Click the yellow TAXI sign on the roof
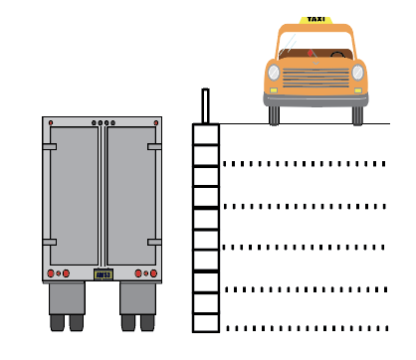coord(315,20)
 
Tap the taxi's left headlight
coord(274,73)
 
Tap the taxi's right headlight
coord(357,73)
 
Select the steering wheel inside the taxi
coord(337,55)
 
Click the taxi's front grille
coord(315,79)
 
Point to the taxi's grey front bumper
coord(315,99)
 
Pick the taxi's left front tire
coord(274,115)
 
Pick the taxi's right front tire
coord(357,115)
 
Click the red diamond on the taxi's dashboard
coord(311,53)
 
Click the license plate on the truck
coord(104,274)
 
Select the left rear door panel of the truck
coord(74,196)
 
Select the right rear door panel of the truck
coord(131,196)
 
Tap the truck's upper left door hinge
coord(50,147)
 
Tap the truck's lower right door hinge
coord(154,242)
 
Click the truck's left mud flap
coord(67,298)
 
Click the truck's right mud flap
coord(138,298)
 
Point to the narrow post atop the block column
coord(205,105)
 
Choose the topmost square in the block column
coord(206,134)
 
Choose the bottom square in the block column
coord(206,323)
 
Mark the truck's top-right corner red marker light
coord(156,123)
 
